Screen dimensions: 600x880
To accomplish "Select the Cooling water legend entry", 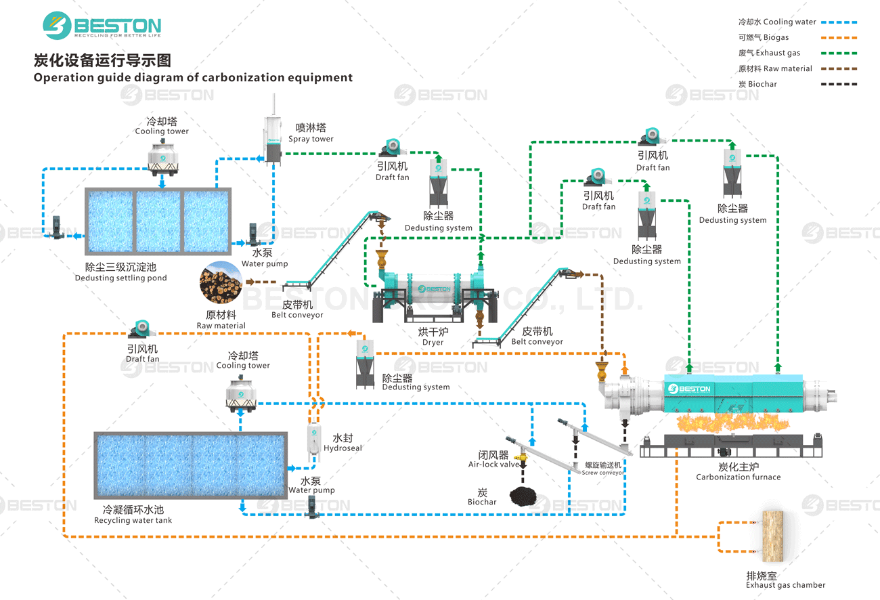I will point(777,22).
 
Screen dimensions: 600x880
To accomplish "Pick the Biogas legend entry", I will point(764,38).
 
